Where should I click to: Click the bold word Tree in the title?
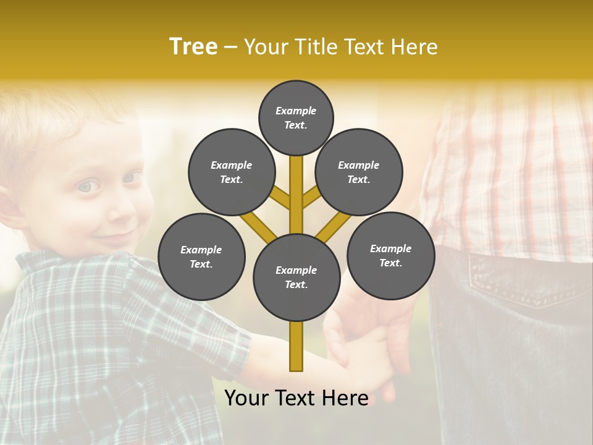click(x=193, y=47)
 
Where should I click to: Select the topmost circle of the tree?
click(x=296, y=117)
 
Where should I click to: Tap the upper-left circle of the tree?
click(x=232, y=172)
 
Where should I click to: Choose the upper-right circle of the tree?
click(x=359, y=172)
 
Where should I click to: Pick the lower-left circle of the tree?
click(x=201, y=256)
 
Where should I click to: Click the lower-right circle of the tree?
click(x=390, y=255)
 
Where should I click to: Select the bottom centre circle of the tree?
click(x=296, y=278)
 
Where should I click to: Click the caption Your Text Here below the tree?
click(x=296, y=398)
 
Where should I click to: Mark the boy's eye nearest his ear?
click(x=86, y=185)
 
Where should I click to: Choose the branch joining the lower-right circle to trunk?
click(x=334, y=226)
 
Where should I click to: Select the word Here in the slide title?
click(x=414, y=47)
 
